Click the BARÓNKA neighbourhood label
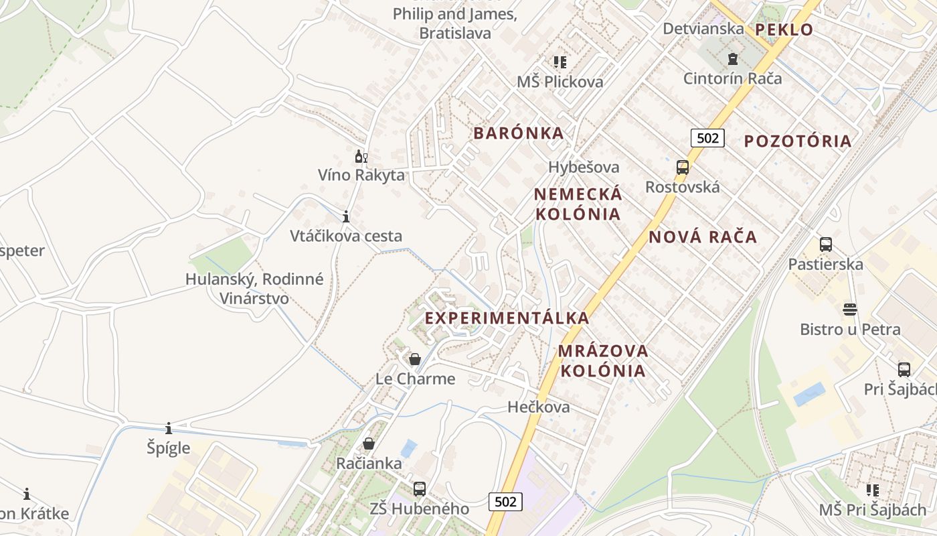coord(519,133)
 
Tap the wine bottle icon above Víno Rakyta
coord(361,157)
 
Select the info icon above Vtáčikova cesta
coord(346,216)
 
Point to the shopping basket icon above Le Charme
coord(415,359)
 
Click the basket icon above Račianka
coord(368,444)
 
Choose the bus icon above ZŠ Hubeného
coord(420,489)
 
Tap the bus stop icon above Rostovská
coord(683,167)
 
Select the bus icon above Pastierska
coord(825,245)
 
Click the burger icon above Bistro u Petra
coord(850,310)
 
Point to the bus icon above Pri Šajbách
coord(904,369)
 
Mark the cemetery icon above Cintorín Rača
coord(733,59)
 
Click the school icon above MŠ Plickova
coord(560,62)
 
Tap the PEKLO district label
coord(784,29)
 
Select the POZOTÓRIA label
coord(798,141)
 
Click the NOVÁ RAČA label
coord(703,237)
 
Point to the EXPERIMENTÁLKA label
coord(507,318)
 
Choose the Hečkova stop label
coord(539,407)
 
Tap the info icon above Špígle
coord(169,428)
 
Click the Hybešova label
coord(584,167)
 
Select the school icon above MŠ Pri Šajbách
coord(873,490)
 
